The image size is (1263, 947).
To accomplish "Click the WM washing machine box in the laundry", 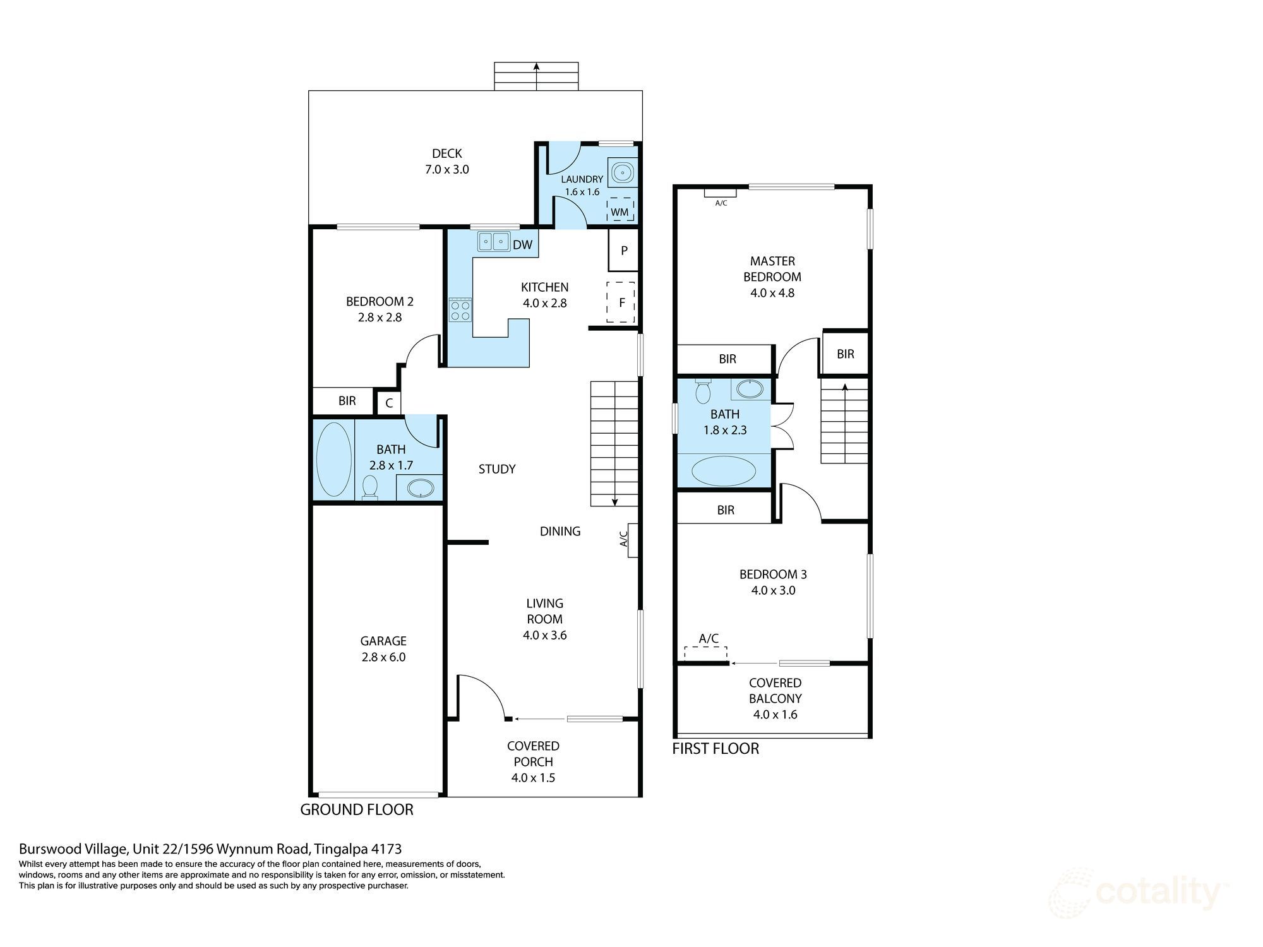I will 620,210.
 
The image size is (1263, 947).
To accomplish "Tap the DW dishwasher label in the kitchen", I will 522,245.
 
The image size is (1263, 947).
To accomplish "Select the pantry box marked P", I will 624,251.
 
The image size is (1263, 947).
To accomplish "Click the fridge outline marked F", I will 621,302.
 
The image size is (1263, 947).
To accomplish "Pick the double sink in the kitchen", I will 494,241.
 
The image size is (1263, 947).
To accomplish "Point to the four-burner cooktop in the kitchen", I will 460,309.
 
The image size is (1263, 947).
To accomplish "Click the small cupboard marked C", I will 389,403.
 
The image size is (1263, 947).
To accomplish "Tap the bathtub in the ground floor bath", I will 333,459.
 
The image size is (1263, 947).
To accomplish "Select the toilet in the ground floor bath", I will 370,487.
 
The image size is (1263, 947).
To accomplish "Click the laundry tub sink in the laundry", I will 623,172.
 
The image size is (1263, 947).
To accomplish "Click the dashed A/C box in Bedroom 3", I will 705,653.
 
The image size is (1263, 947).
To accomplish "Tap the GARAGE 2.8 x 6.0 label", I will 383,648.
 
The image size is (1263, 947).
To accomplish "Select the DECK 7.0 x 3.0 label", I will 446,161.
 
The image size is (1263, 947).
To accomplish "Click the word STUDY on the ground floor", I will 497,469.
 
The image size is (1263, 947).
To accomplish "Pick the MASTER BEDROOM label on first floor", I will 772,269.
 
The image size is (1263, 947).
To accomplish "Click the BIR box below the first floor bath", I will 725,509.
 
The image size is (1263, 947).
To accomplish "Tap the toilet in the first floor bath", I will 702,391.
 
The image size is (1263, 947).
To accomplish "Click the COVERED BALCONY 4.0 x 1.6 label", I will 775,698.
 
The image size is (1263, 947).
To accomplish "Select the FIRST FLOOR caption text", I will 715,749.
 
